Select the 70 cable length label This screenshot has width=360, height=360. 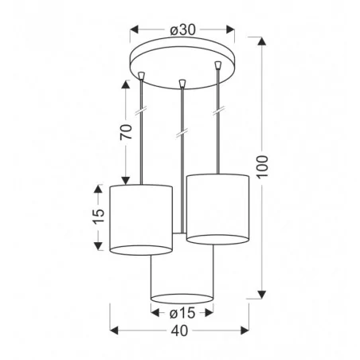pos(126,132)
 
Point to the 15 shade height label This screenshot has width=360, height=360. pos(98,217)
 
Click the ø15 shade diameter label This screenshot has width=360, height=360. pos(182,312)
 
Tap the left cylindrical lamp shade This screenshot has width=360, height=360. pos(141,217)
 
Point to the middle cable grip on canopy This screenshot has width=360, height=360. pos(182,82)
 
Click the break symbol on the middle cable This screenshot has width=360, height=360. pos(182,129)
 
